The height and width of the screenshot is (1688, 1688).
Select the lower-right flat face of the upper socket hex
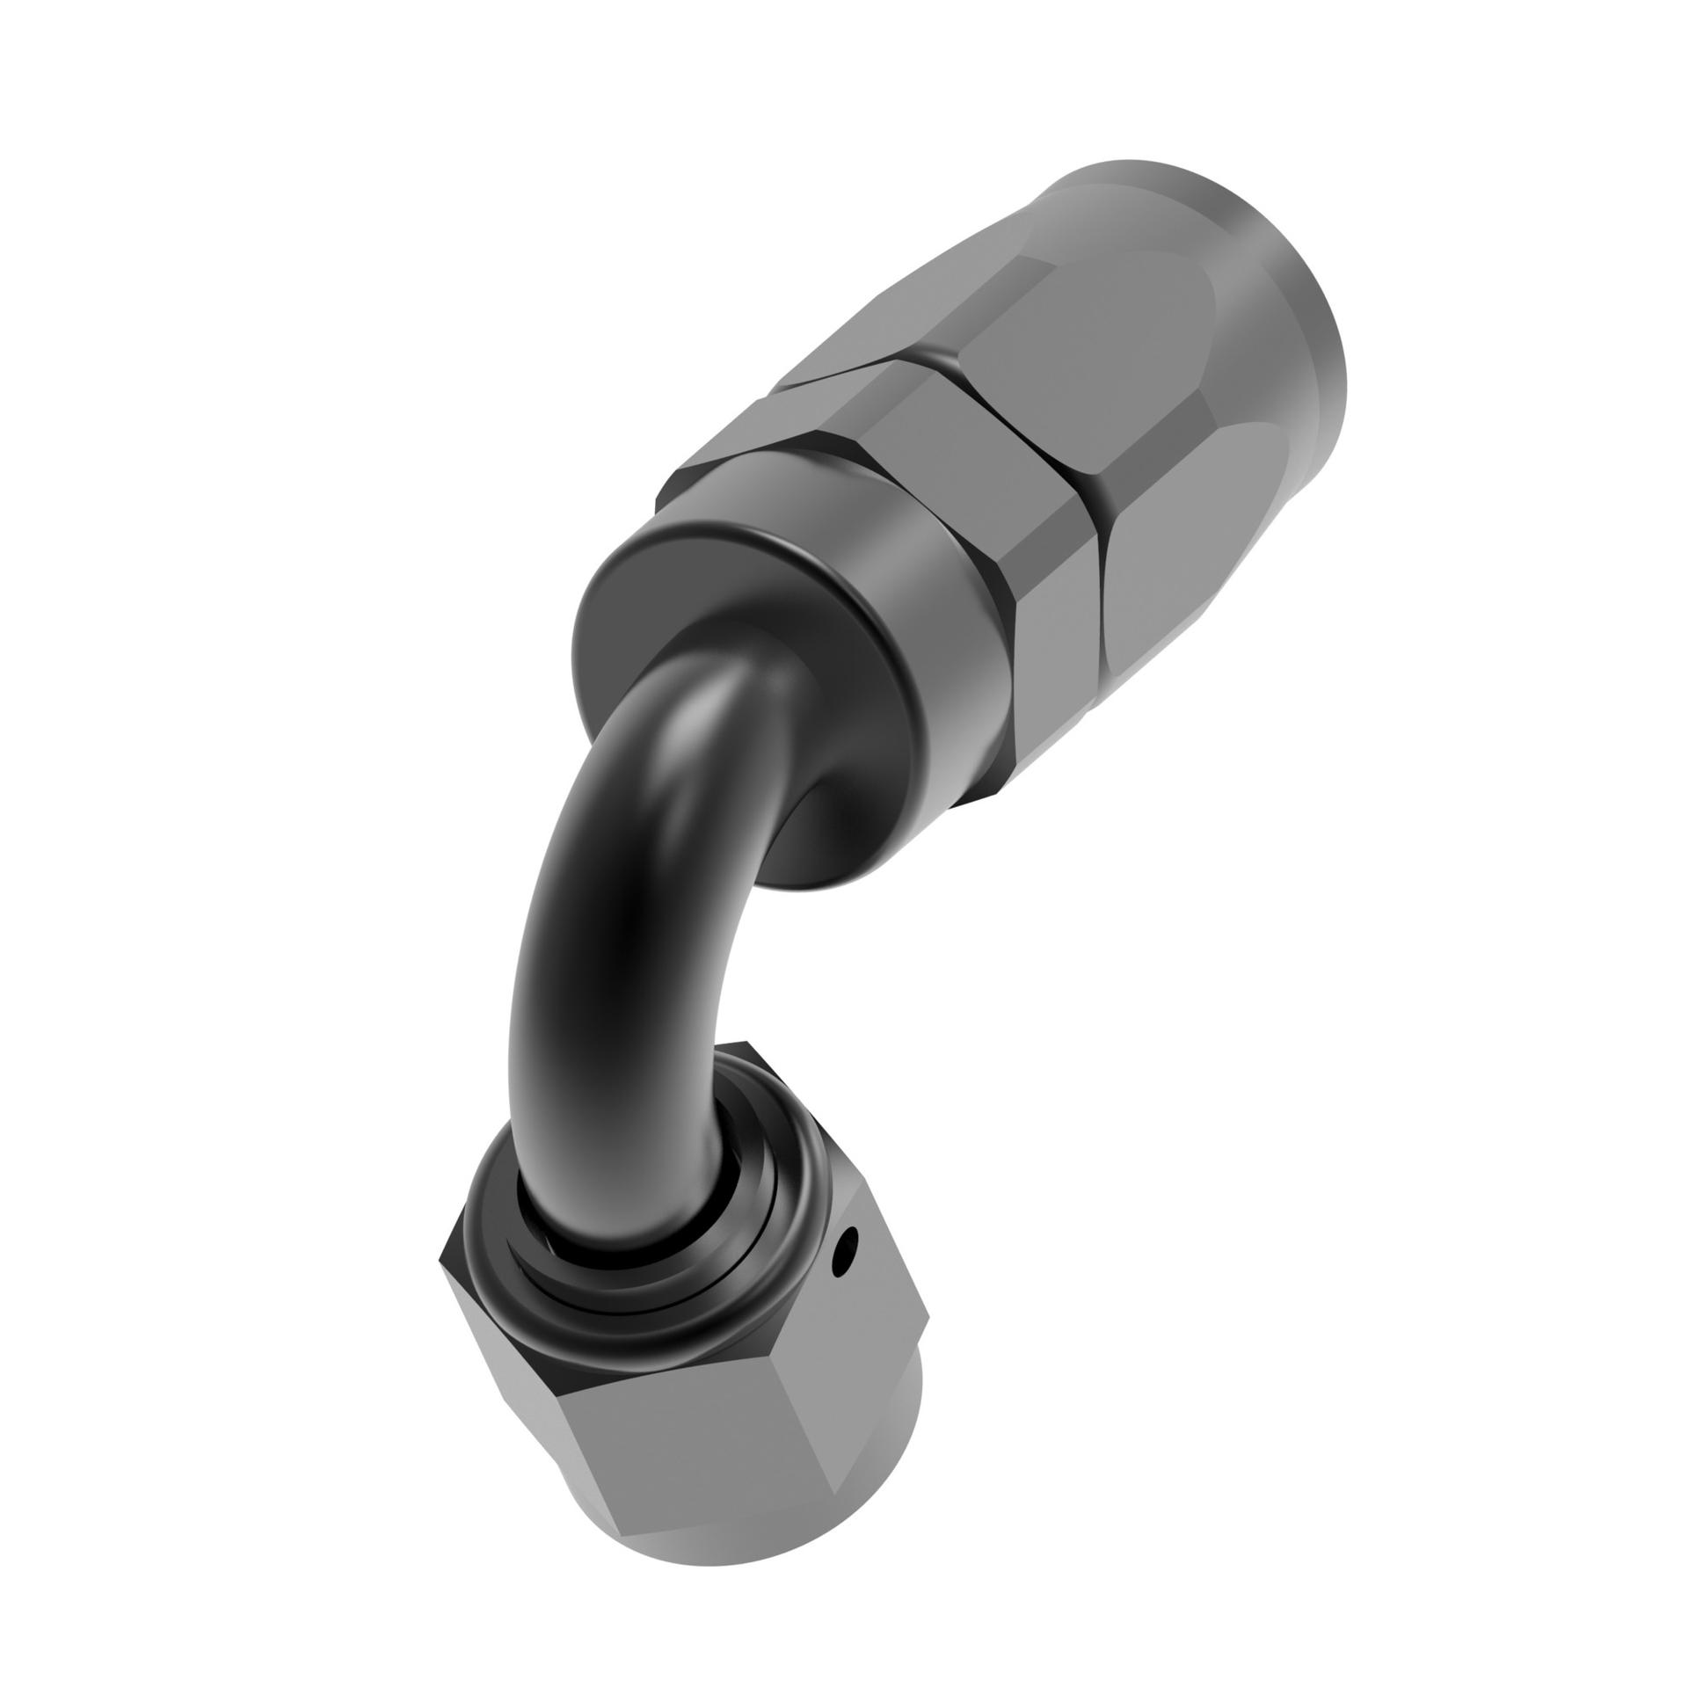click(1196, 563)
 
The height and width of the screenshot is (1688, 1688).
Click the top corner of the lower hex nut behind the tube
click(747, 1046)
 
